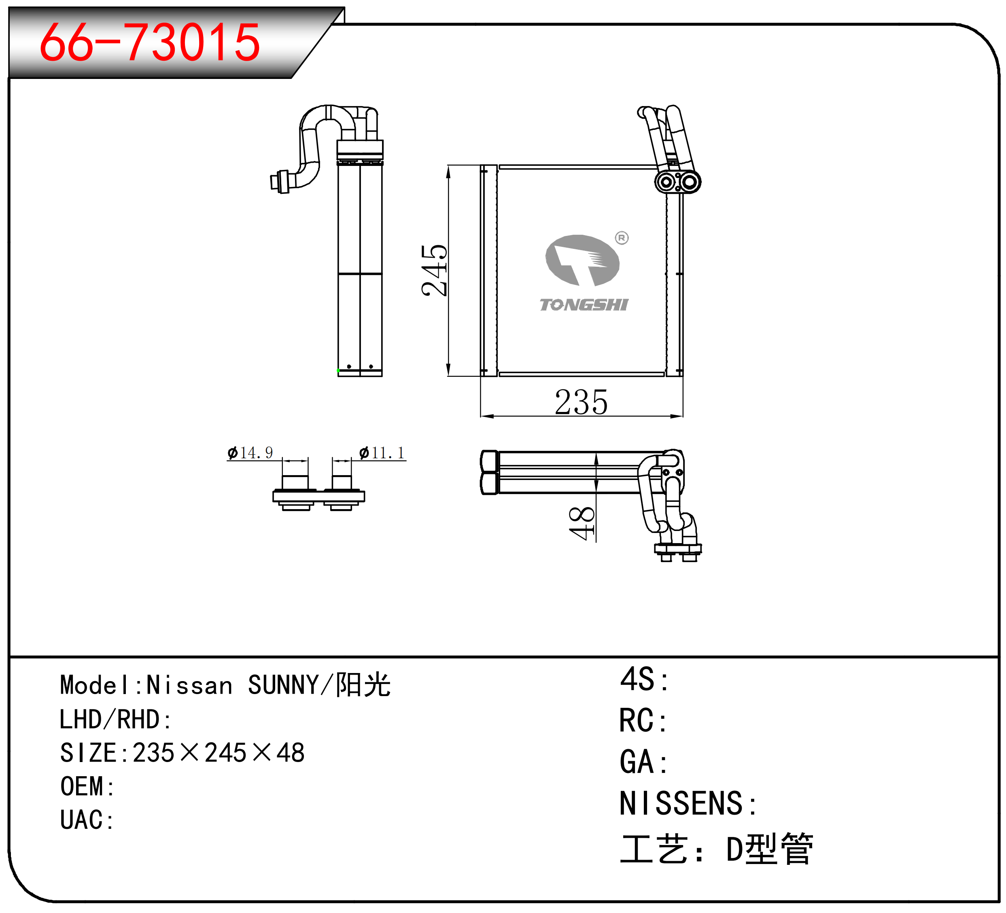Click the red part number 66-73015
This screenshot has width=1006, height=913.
pos(150,42)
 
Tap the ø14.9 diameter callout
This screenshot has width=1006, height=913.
pos(250,453)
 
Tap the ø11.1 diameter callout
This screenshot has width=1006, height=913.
pos(382,453)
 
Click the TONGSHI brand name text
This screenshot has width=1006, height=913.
pos(584,304)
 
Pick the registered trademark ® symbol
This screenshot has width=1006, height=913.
pos(622,238)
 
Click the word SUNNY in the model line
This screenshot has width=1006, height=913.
pos(283,685)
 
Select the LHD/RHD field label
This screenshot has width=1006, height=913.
pos(115,719)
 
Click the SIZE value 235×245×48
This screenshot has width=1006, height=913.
pos(219,753)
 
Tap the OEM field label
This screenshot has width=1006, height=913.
pos(87,786)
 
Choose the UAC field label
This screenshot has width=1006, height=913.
pos(87,820)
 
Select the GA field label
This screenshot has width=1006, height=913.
pos(644,762)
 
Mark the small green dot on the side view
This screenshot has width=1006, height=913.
pos(338,370)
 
